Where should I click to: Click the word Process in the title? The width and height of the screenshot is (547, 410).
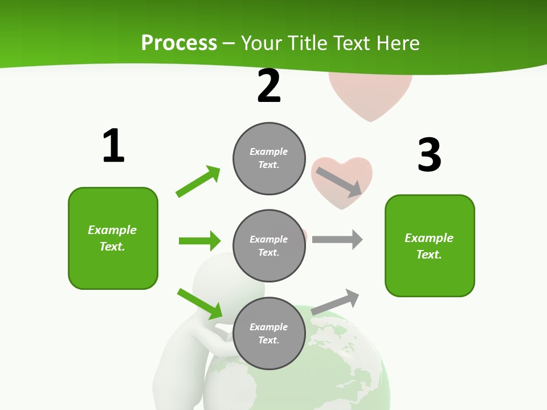(179, 43)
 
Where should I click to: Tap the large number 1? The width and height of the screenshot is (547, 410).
(113, 146)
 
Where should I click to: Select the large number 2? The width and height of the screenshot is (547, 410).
(269, 86)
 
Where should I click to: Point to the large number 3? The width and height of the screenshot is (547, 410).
(430, 155)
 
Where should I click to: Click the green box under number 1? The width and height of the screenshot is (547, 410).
(113, 238)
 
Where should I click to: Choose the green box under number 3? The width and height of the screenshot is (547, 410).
(430, 246)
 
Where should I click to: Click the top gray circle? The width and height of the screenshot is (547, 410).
(269, 158)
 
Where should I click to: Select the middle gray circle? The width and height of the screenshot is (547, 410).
(269, 246)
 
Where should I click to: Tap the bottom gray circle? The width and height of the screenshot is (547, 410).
(269, 334)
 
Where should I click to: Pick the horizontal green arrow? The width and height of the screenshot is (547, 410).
(199, 241)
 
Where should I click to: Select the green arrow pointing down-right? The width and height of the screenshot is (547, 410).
(200, 304)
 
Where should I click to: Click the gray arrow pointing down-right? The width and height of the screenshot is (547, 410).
(339, 182)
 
